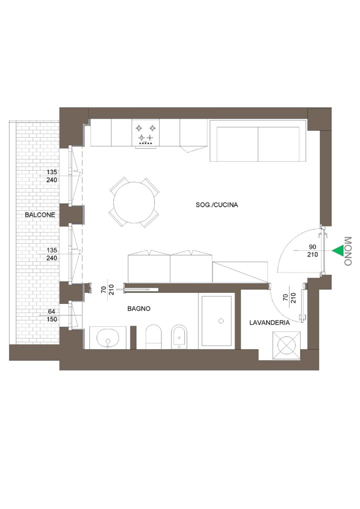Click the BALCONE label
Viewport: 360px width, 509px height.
tap(40, 215)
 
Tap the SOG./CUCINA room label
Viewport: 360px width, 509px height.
tap(217, 205)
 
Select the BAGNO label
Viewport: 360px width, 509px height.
tap(139, 309)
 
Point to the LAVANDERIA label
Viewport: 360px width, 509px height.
tap(269, 323)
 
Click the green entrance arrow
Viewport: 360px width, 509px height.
tap(338, 251)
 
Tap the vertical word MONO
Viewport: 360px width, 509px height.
tap(348, 251)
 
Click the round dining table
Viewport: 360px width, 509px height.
tap(134, 203)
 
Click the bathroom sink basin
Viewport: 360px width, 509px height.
tap(108, 338)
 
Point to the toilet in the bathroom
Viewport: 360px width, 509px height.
tap(154, 337)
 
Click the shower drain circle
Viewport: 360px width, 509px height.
tap(221, 321)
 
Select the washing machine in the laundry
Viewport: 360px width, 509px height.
tap(287, 345)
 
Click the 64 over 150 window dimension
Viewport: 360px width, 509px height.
tap(51, 315)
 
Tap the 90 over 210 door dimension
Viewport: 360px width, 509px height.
tap(313, 251)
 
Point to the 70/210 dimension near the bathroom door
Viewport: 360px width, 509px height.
tap(107, 289)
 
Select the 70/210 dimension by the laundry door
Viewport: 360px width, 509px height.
tap(290, 298)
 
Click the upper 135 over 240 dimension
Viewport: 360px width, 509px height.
tap(51, 176)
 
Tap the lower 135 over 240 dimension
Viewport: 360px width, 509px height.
tap(51, 254)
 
